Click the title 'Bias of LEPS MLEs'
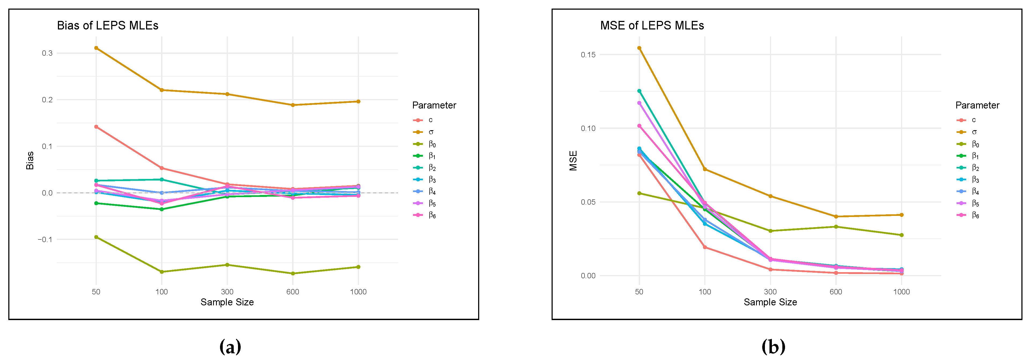coord(107,26)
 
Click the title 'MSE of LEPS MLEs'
coord(652,26)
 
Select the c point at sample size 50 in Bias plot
coord(96,127)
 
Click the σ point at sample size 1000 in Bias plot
coord(358,102)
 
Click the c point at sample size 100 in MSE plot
coord(705,247)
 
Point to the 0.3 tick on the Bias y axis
coord(47,53)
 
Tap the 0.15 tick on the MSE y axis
coord(588,55)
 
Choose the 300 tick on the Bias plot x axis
coord(227,292)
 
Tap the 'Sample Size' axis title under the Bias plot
coord(227,302)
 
